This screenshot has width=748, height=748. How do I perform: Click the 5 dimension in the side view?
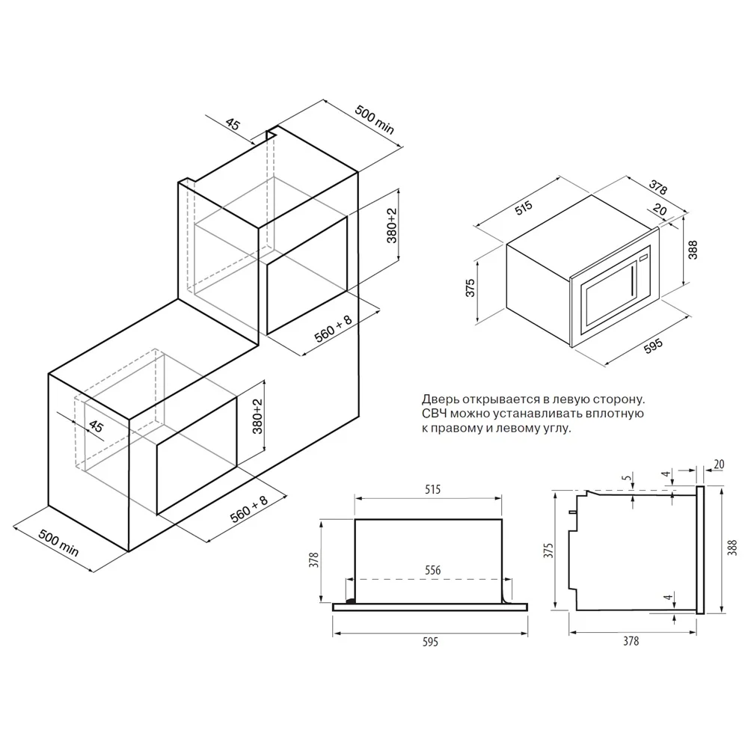click(627, 477)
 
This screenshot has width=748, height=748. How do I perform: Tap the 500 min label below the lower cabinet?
click(58, 542)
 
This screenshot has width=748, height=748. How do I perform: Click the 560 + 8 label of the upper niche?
click(333, 328)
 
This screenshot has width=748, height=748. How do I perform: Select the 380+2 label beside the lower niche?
click(257, 416)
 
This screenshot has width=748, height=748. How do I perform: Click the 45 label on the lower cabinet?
click(96, 426)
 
